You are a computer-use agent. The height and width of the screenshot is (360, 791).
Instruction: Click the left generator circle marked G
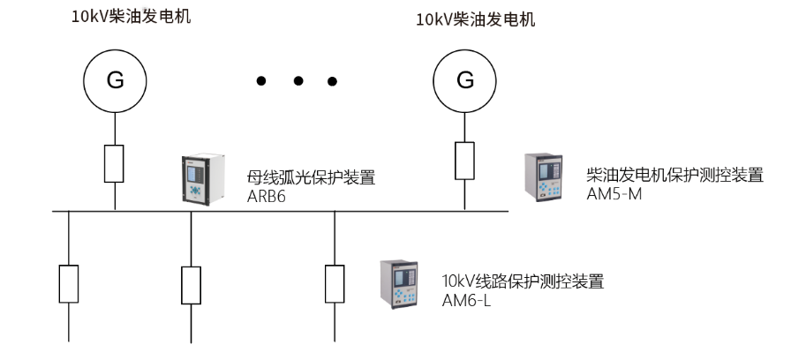point(115,80)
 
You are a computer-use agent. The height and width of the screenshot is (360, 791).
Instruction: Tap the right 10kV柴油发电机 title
point(476,19)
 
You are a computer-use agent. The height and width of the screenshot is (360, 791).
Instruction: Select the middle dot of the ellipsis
point(298,81)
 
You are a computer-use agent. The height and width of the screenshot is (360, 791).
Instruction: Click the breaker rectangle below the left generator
point(115,163)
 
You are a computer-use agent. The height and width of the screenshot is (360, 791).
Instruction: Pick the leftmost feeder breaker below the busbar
point(69,282)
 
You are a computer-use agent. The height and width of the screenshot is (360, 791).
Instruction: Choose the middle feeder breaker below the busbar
point(192,283)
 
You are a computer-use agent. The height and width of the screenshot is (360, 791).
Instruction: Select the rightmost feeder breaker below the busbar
point(334,282)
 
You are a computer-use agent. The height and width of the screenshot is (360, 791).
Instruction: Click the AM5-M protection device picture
point(546,177)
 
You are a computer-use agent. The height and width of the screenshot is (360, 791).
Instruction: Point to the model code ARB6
point(267,197)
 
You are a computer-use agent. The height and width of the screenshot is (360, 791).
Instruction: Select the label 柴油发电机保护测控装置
point(674,175)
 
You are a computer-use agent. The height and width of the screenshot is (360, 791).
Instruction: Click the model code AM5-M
point(614,193)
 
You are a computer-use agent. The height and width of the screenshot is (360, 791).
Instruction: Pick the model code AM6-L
point(466,300)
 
